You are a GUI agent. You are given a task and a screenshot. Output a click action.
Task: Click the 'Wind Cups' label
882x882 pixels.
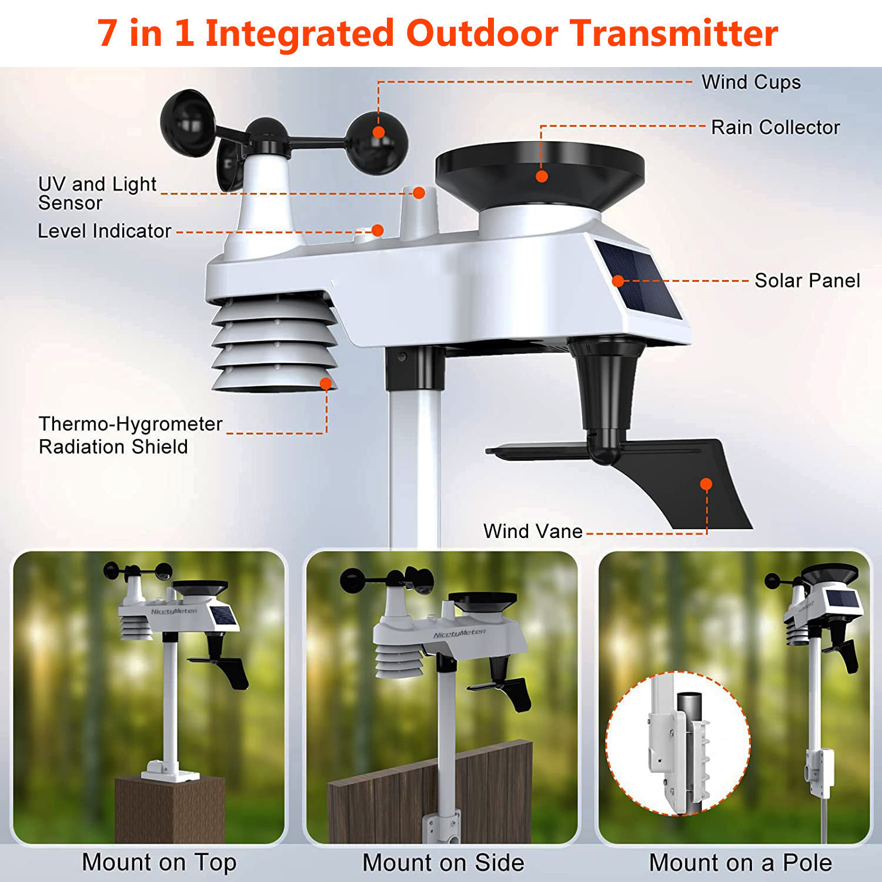pos(751,82)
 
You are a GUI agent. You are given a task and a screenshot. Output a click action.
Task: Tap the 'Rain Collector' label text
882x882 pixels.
pos(775,127)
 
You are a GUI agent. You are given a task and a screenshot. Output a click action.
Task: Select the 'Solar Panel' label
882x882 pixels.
pos(807,280)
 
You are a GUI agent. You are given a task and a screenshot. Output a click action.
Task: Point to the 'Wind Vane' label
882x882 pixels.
pos(533,531)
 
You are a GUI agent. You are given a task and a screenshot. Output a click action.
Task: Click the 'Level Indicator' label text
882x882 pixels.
pos(105,231)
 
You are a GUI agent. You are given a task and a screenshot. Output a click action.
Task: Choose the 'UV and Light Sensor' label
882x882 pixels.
pos(97,193)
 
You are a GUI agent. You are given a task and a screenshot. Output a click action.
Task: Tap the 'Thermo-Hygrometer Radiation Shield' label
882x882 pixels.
pos(130,435)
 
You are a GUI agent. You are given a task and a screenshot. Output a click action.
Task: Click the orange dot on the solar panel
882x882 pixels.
pos(618,280)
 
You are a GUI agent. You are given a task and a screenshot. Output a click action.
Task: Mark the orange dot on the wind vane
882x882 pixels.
pos(706,484)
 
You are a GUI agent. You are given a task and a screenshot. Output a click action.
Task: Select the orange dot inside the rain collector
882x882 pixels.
pos(542,176)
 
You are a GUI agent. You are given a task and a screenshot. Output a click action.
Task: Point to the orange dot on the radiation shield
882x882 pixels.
pos(326,384)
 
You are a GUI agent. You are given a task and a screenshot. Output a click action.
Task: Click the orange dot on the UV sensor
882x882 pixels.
pos(419,193)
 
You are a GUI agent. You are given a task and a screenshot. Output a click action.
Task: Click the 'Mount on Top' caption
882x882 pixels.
pos(159,863)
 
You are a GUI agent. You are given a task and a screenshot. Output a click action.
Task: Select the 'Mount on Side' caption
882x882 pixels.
pos(443,863)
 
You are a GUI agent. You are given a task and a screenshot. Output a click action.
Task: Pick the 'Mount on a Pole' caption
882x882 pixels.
pos(740,863)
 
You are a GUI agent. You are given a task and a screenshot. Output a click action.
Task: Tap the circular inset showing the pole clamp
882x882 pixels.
pos(678,743)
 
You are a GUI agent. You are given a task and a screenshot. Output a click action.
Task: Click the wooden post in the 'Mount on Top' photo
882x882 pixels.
pos(169,811)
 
